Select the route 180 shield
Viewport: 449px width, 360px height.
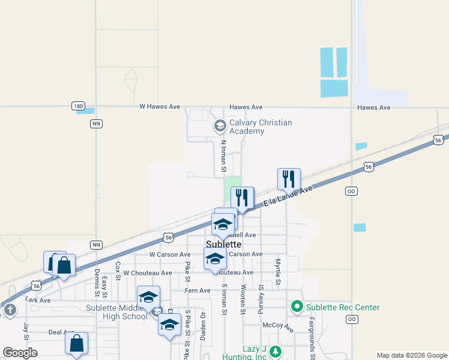[x=78, y=106]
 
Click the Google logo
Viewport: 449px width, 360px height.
[x=20, y=353]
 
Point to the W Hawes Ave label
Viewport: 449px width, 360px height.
[x=160, y=107]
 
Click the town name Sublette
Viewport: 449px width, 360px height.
[x=223, y=244]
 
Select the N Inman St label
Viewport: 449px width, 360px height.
[x=223, y=157]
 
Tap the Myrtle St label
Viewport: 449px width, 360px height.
[x=278, y=272]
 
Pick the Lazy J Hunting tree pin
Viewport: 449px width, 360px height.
[x=275, y=351]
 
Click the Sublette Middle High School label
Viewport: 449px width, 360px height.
[x=117, y=312]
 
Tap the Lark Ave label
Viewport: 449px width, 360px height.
[x=37, y=299]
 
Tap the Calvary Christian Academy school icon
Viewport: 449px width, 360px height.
[x=220, y=126]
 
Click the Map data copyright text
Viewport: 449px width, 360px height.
[x=411, y=355]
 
